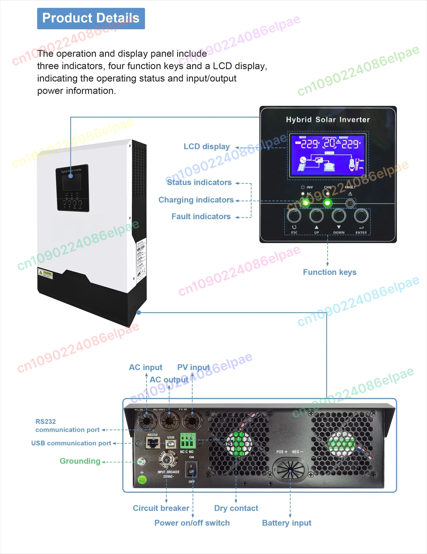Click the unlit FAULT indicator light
coord(350,203)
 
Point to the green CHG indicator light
coord(328,203)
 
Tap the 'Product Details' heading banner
coord(91,18)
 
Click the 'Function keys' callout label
coord(330,272)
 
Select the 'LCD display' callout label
coord(206,147)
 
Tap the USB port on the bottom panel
coord(171,444)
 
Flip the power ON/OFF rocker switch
coord(191,469)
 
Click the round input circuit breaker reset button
coord(167,460)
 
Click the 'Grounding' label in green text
coord(80,461)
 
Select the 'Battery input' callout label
coord(287,523)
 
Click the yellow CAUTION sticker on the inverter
coord(45,273)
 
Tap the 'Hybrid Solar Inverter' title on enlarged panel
coord(328,120)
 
